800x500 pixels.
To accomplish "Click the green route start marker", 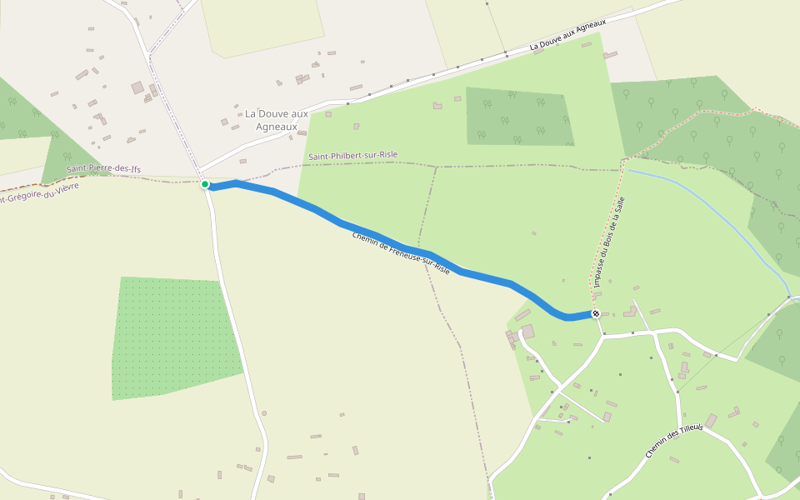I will (x=205, y=184).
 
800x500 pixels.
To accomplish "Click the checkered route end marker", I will (x=596, y=313).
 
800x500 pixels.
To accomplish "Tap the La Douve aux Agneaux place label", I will (x=276, y=120).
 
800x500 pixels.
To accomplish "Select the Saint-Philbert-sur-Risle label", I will (x=352, y=156).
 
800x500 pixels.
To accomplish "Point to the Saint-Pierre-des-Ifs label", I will (x=104, y=169).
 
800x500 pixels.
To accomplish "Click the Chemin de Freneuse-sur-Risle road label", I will (x=401, y=253).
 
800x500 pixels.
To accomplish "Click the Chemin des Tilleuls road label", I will (x=674, y=441).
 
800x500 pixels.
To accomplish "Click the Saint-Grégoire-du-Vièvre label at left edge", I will (x=37, y=193).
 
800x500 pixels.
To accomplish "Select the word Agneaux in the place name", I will (x=276, y=127).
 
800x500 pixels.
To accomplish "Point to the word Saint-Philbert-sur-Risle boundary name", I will (x=352, y=156).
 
